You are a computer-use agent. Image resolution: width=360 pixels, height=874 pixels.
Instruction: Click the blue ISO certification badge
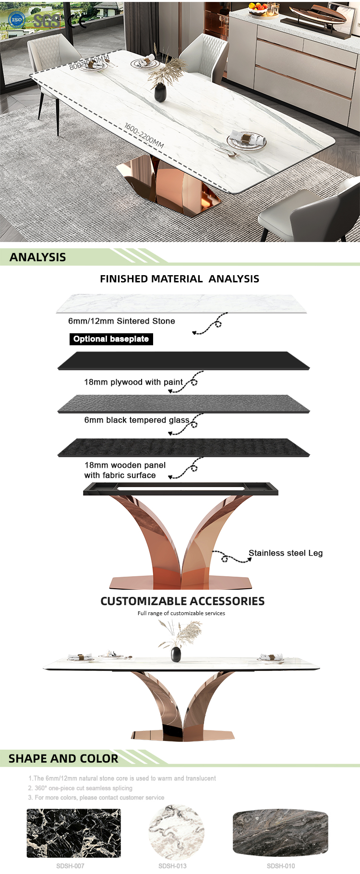point(17,20)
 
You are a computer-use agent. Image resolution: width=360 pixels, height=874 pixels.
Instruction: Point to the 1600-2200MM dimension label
point(144,135)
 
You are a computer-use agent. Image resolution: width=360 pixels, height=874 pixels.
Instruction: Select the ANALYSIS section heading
point(38,257)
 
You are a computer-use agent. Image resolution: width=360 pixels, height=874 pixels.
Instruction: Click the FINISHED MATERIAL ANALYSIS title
point(180,279)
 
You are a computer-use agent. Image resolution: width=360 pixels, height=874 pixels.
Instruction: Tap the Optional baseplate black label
point(111,339)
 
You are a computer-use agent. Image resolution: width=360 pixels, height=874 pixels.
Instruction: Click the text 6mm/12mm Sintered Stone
point(121,321)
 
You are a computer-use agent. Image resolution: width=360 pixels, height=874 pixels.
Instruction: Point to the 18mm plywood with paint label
point(133,382)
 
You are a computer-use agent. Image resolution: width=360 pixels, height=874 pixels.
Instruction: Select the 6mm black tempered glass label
point(137,420)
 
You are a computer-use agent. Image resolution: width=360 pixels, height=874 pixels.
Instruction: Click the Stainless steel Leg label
point(286,553)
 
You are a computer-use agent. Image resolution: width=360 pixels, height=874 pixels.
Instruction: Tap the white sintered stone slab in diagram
point(181,303)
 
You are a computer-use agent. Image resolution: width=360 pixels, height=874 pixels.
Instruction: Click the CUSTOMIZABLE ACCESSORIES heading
point(182,601)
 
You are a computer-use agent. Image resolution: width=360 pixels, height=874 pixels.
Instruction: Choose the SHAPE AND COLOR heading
point(63,759)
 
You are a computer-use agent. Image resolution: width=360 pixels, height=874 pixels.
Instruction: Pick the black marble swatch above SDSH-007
point(73,833)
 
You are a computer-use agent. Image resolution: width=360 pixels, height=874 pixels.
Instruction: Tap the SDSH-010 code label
point(281,866)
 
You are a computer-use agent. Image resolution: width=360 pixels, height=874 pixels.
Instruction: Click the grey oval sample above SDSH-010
point(280,832)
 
